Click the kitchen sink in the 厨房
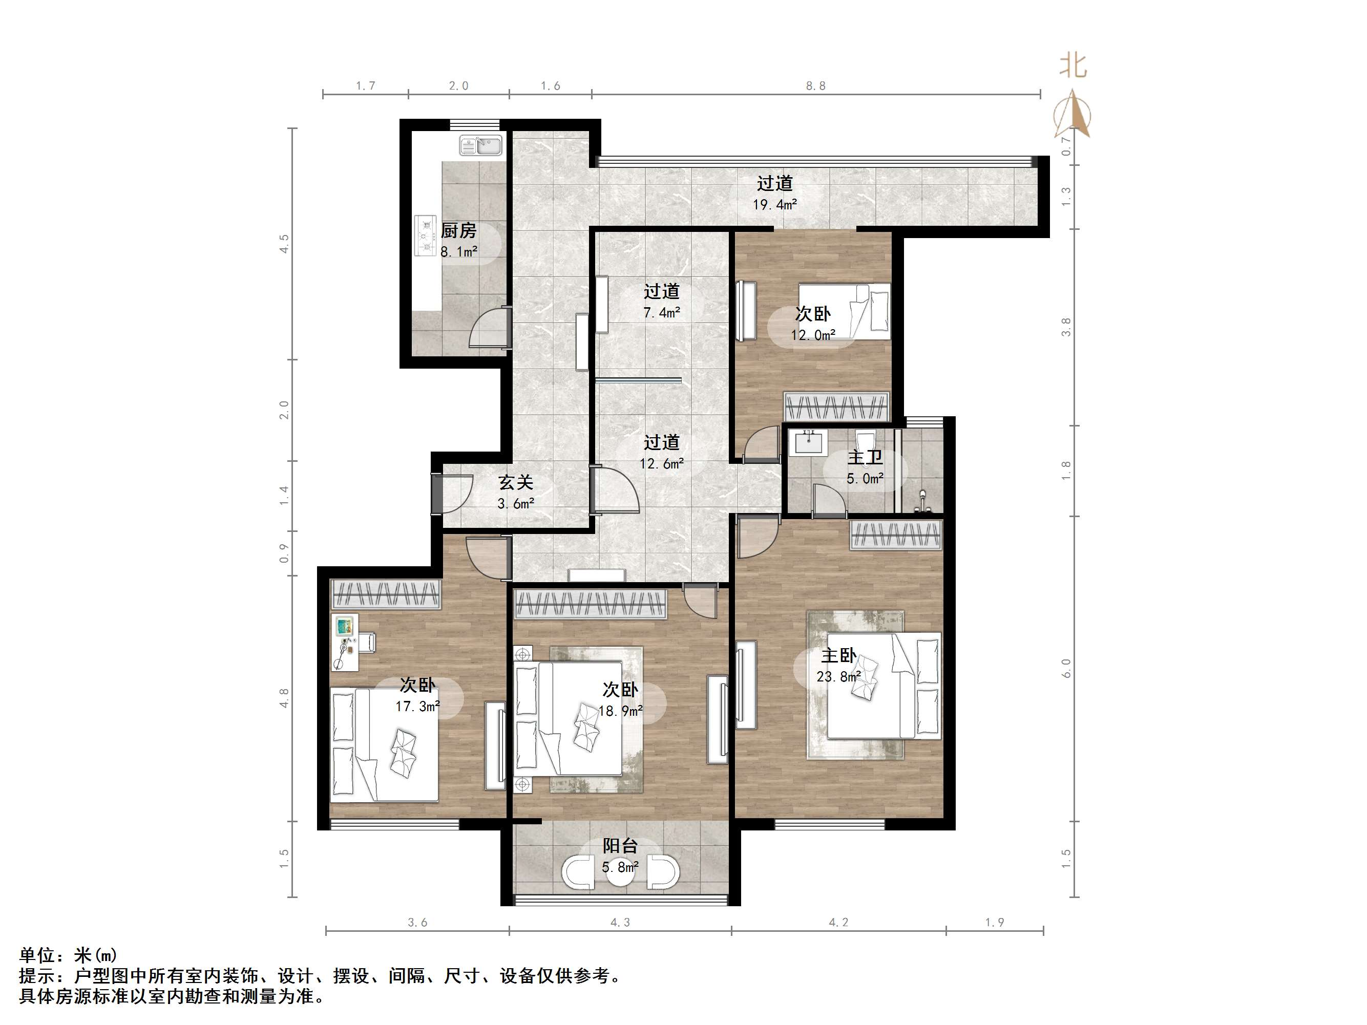click(481, 146)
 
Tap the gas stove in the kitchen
click(425, 236)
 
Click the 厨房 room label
click(458, 231)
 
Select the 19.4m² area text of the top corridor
click(774, 204)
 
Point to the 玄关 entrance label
click(515, 482)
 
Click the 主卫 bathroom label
click(865, 457)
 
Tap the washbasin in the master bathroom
click(808, 442)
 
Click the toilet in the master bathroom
click(865, 439)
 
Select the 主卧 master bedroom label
click(838, 655)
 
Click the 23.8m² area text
click(838, 676)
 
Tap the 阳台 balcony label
click(620, 846)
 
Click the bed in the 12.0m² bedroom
click(844, 311)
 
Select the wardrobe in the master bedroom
click(896, 535)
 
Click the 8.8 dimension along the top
click(815, 86)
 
